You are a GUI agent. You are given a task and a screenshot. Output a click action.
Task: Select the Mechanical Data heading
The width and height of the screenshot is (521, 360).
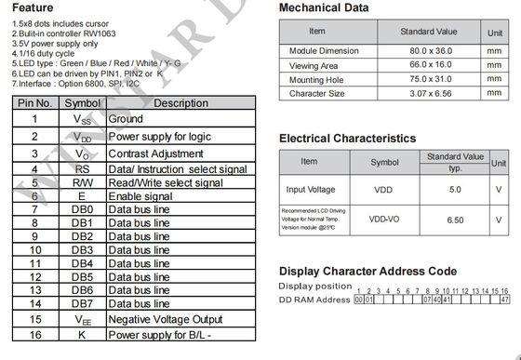[x=324, y=8]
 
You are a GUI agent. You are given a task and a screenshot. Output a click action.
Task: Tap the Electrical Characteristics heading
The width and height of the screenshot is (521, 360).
[x=348, y=139]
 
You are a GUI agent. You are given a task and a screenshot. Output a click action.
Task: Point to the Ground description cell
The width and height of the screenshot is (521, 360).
[x=126, y=120]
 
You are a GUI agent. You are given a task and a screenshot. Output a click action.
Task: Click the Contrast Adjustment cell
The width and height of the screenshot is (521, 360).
[x=150, y=153]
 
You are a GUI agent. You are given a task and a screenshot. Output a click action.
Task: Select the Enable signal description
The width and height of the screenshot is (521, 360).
[x=140, y=196]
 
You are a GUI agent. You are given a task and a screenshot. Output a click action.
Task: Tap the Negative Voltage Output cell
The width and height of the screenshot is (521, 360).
[x=166, y=319]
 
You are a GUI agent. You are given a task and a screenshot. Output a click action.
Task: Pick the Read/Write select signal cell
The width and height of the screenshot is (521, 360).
[x=166, y=182]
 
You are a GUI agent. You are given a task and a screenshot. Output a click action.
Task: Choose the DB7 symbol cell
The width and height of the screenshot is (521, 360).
[x=82, y=303]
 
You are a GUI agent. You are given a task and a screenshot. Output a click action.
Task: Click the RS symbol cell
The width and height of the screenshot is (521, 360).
[x=82, y=169]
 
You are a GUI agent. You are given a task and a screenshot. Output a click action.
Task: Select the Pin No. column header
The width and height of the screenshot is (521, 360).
[x=33, y=103]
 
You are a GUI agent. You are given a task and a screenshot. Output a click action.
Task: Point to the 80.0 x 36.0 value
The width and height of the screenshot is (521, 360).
[x=429, y=50]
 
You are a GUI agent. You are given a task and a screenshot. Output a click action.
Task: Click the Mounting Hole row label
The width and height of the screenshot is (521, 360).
[x=316, y=80]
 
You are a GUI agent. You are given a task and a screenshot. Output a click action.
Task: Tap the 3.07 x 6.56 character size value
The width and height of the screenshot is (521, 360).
[x=429, y=94]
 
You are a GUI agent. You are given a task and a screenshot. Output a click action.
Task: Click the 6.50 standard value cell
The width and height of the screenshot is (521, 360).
[x=455, y=220]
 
